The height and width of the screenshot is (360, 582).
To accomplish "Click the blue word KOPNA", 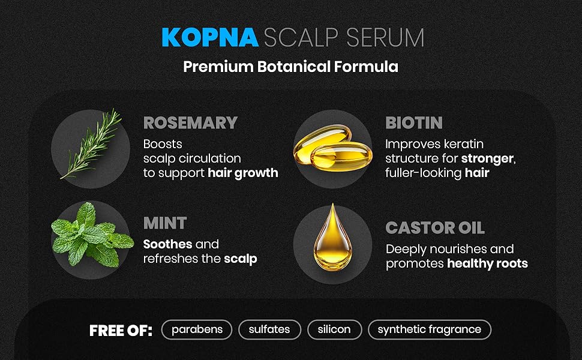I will coord(210,37).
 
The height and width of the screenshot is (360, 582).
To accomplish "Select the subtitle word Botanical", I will coord(295,66).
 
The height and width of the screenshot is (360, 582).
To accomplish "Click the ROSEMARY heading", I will coord(190,123).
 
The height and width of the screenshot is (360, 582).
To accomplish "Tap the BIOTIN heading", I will coord(414,123).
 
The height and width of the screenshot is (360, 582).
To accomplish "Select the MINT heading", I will coord(165,223).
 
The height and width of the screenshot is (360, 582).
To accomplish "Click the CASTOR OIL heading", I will coord(435,228).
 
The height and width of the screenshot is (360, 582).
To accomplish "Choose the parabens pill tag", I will coord(197,329).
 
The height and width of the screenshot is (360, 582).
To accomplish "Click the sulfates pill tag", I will coord(269,329).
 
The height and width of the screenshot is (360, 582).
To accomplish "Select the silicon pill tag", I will coord(335,329).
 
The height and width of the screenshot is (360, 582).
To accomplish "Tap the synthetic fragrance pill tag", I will coord(430,329).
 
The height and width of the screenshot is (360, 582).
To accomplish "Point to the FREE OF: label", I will coord(121,330).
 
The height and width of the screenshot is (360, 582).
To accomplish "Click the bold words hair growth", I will coord(243,173).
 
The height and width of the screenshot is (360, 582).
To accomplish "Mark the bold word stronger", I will coord(488,159).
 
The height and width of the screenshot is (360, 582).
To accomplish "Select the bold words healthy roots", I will coord(487,263).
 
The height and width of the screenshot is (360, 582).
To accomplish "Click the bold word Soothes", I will coord(168,244).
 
